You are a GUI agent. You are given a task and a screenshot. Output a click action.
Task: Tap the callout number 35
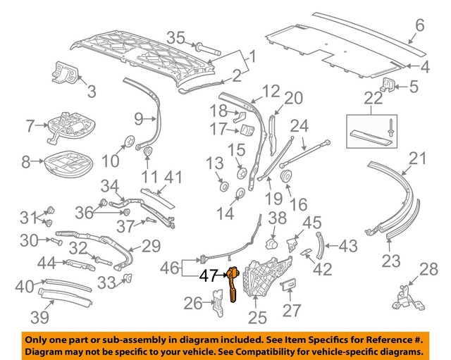tap(175, 38)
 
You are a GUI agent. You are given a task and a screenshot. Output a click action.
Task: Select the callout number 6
tap(419, 26)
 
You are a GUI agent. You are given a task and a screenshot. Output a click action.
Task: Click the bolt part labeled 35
tap(205, 49)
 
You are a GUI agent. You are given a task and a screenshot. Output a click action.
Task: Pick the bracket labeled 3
tap(67, 71)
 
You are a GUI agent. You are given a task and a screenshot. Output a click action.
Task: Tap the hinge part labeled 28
tap(405, 296)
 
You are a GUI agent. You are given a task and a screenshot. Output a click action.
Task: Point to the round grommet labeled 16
tap(288, 175)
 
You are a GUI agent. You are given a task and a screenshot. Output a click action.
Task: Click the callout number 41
tap(172, 176)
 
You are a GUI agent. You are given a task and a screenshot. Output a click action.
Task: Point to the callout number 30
tap(29, 240)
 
